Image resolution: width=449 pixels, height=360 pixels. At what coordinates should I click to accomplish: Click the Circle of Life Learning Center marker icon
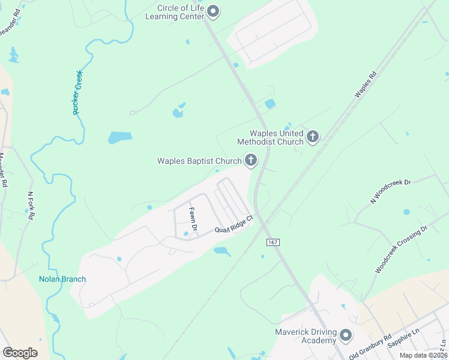(x=213, y=12)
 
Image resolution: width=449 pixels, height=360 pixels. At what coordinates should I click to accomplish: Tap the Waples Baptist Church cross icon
(x=250, y=160)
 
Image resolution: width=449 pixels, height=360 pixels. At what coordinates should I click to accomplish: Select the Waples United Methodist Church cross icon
(x=312, y=137)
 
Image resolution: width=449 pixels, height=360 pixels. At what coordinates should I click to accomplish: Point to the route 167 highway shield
(x=273, y=241)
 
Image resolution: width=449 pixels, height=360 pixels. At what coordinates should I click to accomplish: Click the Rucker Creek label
(x=77, y=92)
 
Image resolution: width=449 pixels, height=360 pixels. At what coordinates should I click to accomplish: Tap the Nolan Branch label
(x=62, y=279)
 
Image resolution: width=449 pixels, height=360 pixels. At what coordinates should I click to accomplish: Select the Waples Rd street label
(x=365, y=85)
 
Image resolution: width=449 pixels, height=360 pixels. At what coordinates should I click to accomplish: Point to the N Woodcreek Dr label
(x=390, y=191)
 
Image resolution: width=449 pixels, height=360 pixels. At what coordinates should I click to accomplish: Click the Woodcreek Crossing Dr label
(x=400, y=250)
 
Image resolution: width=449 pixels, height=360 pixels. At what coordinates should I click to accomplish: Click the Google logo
(x=20, y=352)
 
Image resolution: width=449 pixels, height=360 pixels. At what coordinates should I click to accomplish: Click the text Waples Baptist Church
(x=199, y=161)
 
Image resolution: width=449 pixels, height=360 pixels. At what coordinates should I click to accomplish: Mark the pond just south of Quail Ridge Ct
(x=221, y=251)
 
